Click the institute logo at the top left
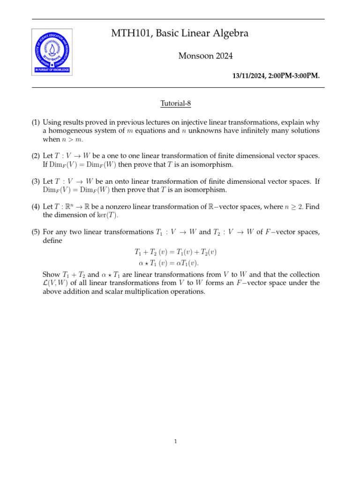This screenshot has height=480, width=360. tap(52, 51)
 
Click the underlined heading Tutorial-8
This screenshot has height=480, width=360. tap(176, 103)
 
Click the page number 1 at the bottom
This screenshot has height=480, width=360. tap(175, 441)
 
